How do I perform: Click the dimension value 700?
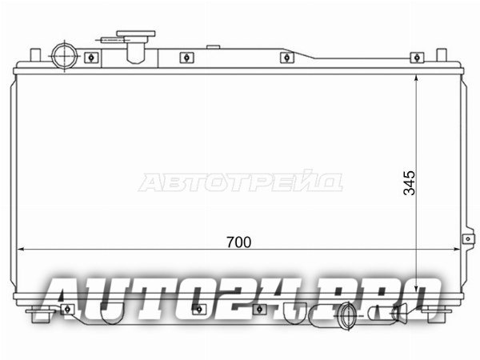[238, 242]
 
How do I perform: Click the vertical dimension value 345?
[410, 183]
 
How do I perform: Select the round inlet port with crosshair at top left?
[64, 56]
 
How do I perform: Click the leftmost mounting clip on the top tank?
[91, 58]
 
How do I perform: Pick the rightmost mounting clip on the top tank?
[417, 58]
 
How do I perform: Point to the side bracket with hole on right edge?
[468, 238]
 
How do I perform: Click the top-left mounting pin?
[35, 55]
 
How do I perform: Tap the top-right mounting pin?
[441, 55]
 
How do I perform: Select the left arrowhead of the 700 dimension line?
[20, 250]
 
